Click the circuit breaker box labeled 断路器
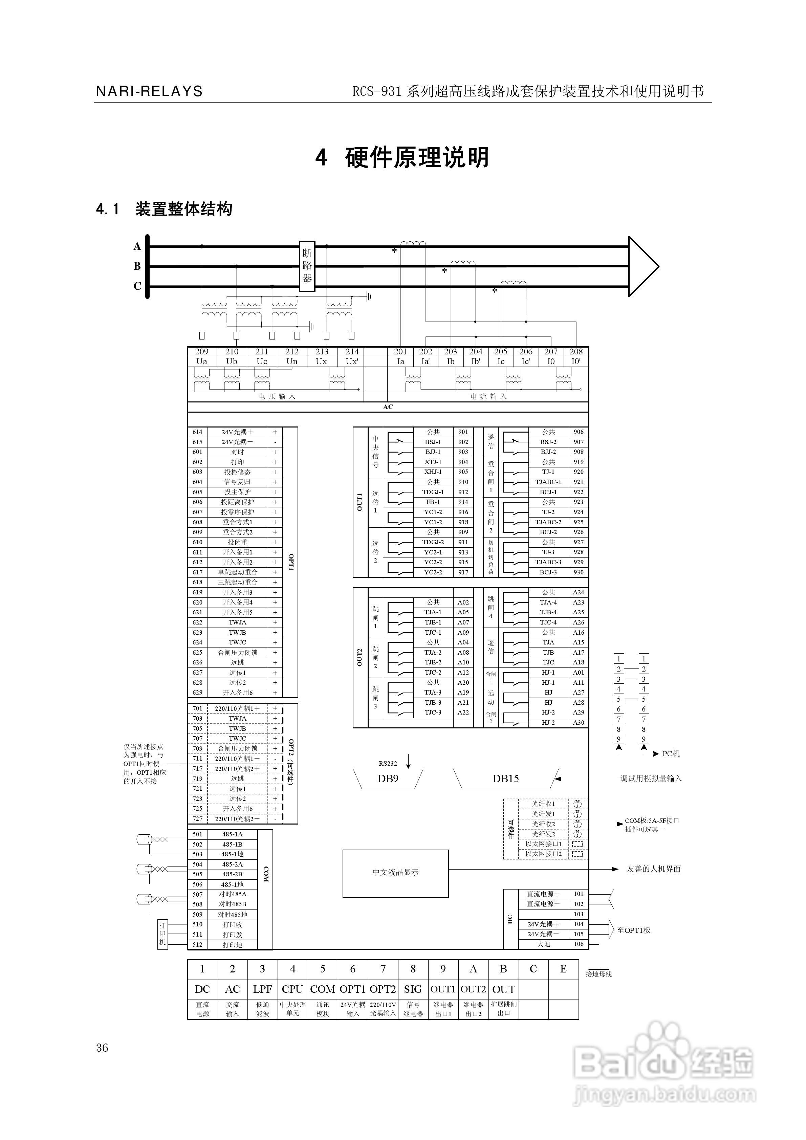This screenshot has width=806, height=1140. tap(307, 266)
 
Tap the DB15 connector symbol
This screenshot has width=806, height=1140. tap(505, 779)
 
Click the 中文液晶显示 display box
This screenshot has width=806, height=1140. tap(395, 872)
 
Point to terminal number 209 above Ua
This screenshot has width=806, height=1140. tap(202, 352)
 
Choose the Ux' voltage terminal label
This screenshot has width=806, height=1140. tap(352, 361)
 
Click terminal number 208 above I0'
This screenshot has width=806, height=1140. tap(576, 352)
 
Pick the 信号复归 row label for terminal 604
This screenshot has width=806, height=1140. tap(237, 482)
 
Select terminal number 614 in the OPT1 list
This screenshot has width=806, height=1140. tap(198, 432)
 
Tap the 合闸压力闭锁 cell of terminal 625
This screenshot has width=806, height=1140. tap(237, 653)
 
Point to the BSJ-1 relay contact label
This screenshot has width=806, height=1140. tap(433, 442)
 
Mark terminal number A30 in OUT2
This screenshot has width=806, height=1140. tap(579, 722)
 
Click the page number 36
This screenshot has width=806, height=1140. tap(102, 1048)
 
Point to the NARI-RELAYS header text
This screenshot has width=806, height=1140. tap(149, 91)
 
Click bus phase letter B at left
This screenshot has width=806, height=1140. tap(137, 266)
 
